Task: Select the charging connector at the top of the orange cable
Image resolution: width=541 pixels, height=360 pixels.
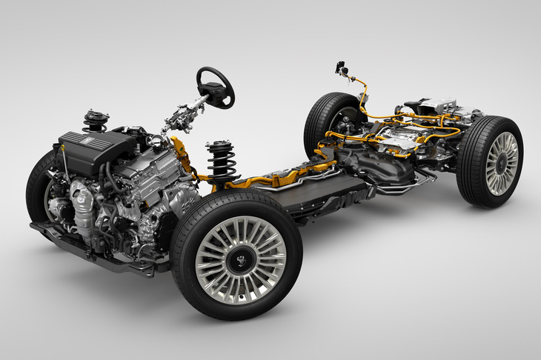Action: (x=342, y=69)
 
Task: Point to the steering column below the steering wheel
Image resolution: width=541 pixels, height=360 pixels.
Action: (x=182, y=115)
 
